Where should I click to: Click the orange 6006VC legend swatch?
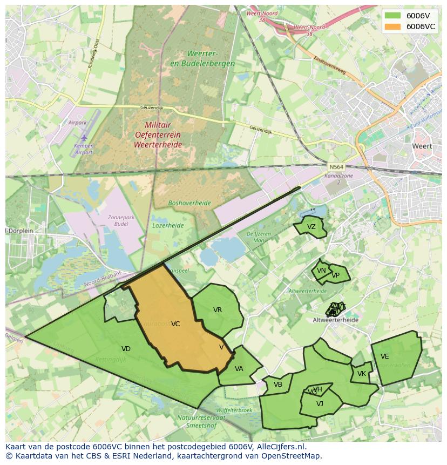point(393,26)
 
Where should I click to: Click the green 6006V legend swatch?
point(393,16)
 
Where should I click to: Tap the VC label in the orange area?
point(175,324)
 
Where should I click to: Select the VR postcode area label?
point(218,310)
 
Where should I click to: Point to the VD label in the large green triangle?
point(126,349)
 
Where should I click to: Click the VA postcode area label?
point(239,369)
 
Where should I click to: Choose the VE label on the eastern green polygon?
point(384,356)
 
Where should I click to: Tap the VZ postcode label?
point(311,227)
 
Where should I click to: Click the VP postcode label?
point(336,275)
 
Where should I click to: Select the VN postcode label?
point(321,271)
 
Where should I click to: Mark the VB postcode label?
point(278,385)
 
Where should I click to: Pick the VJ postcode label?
point(320,403)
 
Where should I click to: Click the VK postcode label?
point(362,374)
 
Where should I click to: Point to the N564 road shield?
point(335,167)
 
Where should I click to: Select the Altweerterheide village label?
point(335,320)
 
